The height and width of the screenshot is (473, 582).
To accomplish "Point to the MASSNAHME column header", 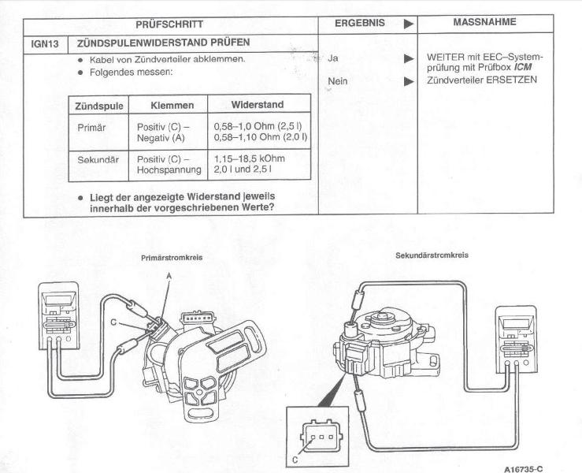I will click(x=484, y=23).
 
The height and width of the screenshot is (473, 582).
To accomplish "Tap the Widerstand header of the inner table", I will click(x=258, y=105).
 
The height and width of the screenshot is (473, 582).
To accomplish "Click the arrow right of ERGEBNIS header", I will click(x=408, y=24).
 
